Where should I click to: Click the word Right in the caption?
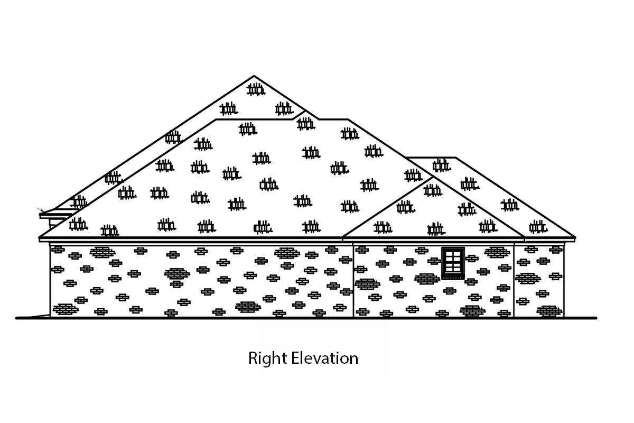[268, 359]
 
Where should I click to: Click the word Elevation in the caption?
[325, 358]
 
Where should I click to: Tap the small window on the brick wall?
[453, 263]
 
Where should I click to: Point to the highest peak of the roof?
[254, 76]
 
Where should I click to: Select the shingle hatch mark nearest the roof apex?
[256, 89]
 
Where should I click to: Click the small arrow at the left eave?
[41, 210]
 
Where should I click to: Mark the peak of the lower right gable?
[433, 178]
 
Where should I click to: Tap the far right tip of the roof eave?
[575, 237]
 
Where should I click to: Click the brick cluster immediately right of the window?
[471, 259]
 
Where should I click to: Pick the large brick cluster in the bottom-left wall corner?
[66, 309]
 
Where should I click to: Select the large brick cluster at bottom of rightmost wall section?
[549, 311]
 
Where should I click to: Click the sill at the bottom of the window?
[453, 277]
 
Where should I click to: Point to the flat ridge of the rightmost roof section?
[431, 157]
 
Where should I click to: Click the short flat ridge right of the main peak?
[333, 119]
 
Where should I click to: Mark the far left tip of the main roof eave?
[39, 237]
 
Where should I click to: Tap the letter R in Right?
[253, 358]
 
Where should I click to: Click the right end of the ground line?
[596, 318]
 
